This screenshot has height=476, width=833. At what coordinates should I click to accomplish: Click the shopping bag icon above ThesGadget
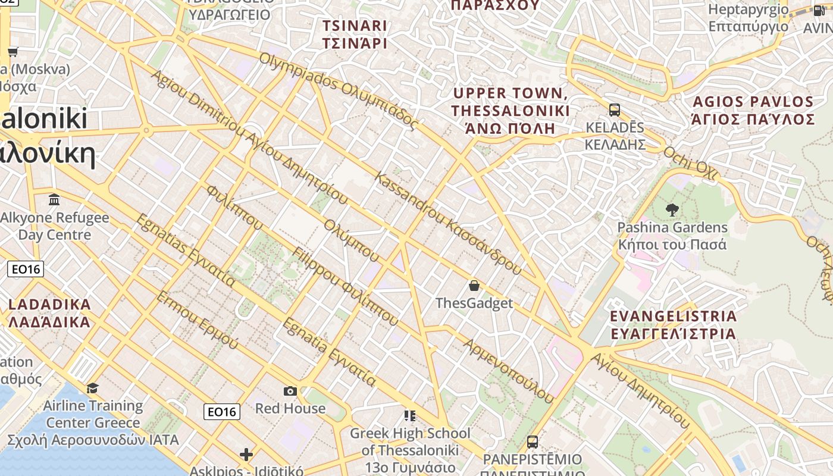pos(474,286)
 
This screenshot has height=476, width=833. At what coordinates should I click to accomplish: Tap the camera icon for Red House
pos(290,391)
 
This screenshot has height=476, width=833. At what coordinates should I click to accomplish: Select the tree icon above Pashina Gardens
pos(672,209)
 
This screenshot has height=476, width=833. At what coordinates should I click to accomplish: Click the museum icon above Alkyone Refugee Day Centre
pos(55,199)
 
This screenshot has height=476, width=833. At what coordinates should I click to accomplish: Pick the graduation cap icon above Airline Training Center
pos(92,389)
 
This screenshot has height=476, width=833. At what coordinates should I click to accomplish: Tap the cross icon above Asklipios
pos(246,455)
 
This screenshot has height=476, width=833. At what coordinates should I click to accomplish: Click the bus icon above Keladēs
pos(615,110)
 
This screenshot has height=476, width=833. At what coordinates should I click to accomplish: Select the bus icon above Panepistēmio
pos(533,442)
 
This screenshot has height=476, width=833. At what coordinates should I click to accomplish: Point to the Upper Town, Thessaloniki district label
pos(510,111)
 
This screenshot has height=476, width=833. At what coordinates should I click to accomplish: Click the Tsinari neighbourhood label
pos(355,35)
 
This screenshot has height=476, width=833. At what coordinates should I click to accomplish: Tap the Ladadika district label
pos(49,314)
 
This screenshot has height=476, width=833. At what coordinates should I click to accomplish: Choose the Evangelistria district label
pos(674,324)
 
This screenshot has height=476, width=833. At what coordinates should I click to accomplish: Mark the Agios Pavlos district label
pos(753,111)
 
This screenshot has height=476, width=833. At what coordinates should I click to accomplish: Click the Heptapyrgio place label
pos(748,18)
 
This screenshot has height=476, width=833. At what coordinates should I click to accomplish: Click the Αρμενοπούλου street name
pos(509,369)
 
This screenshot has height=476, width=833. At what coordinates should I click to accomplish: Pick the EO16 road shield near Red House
pos(222,411)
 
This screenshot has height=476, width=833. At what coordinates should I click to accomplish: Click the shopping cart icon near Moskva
pos(12,52)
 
